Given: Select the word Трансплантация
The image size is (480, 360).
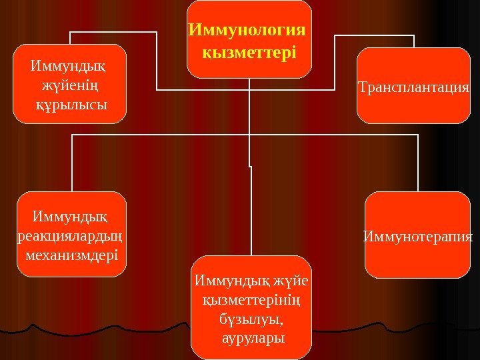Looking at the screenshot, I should [414, 87].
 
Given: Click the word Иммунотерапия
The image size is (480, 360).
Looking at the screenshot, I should [418, 236].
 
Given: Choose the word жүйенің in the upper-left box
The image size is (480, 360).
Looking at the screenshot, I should [70, 85].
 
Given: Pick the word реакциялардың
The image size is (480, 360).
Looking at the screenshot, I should [71, 236].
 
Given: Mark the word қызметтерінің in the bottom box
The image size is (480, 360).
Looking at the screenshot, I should [251, 301].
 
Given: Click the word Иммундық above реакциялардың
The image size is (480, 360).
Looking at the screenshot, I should [70, 217].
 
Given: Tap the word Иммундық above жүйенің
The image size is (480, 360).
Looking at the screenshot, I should [69, 67].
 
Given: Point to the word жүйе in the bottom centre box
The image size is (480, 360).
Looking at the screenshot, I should [293, 283].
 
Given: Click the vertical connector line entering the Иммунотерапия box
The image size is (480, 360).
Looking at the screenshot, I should [418, 163].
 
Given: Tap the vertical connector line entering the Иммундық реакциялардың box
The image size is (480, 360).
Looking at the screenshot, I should [71, 163].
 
